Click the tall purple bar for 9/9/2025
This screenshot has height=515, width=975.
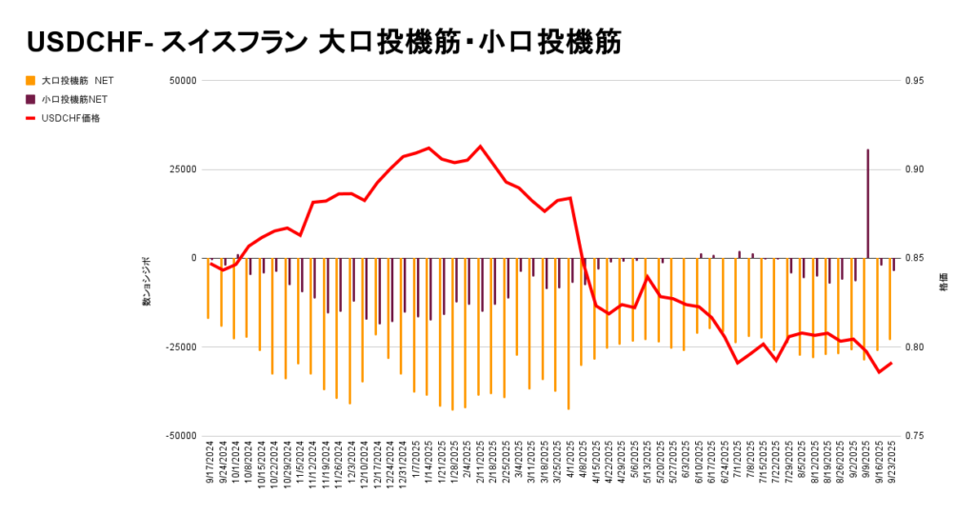pyautogui.click(x=867, y=204)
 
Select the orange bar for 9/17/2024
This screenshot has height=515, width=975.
pyautogui.click(x=208, y=288)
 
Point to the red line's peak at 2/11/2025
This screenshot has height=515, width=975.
pyautogui.click(x=480, y=147)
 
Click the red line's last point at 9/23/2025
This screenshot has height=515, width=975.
pyautogui.click(x=891, y=363)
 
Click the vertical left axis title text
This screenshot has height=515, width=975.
pyautogui.click(x=147, y=280)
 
